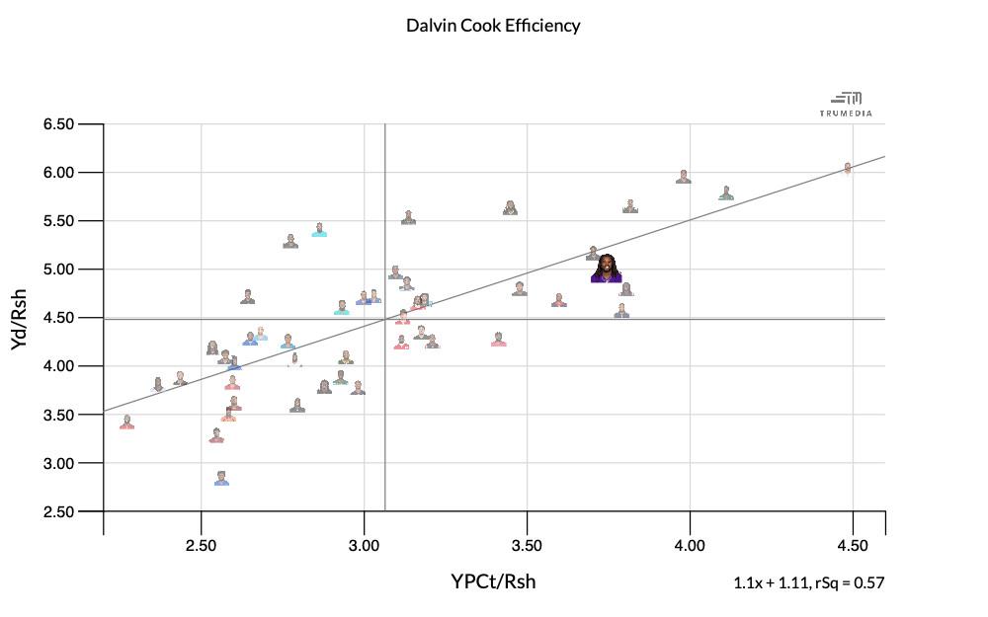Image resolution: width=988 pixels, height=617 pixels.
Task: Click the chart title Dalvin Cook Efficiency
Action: click(493, 26)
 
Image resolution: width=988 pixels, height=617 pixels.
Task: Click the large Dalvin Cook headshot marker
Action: click(607, 269)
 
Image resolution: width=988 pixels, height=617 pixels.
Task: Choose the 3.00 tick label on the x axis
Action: click(364, 546)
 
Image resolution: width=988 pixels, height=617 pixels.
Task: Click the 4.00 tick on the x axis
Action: click(690, 546)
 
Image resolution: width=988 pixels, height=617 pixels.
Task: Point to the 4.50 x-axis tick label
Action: click(852, 546)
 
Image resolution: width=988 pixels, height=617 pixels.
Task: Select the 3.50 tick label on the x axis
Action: click(527, 546)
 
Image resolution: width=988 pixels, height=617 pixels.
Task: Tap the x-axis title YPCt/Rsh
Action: click(493, 580)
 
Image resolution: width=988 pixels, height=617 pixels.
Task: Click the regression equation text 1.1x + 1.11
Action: click(772, 582)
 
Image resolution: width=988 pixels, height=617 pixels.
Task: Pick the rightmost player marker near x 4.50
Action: click(848, 169)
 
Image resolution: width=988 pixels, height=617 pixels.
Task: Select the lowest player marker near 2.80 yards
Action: click(221, 479)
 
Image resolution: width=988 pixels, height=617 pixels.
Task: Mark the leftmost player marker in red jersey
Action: click(126, 423)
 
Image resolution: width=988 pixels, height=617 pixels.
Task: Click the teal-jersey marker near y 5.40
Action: click(319, 230)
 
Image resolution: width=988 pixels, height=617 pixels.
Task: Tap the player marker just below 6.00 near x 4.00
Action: click(683, 178)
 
